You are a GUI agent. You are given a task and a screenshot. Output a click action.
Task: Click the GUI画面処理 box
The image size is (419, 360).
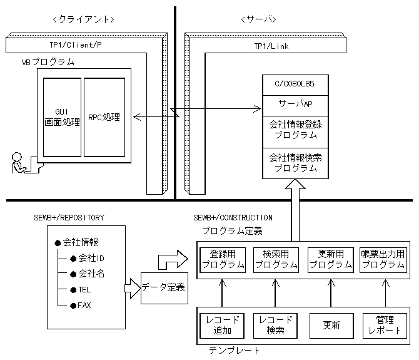61,117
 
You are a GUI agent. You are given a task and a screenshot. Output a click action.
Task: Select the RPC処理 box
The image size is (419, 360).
103,117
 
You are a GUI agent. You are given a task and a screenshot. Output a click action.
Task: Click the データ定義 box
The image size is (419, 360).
163,287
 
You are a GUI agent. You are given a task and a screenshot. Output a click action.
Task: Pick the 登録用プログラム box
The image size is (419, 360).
223,259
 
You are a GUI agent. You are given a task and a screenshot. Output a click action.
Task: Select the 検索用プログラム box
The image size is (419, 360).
276,259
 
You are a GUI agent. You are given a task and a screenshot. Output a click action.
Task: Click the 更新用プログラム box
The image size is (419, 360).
330,259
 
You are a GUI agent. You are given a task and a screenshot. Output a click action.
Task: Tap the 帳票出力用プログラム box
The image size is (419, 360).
383,259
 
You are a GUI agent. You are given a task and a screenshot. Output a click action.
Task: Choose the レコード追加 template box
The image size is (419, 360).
223,325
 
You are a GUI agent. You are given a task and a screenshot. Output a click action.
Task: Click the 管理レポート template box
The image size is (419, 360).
383,325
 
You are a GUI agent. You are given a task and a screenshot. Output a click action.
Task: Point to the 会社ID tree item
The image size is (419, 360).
91,258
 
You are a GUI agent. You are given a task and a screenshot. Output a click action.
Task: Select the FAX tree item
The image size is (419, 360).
85,305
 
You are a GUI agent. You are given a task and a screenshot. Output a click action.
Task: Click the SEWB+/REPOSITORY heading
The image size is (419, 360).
69,217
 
